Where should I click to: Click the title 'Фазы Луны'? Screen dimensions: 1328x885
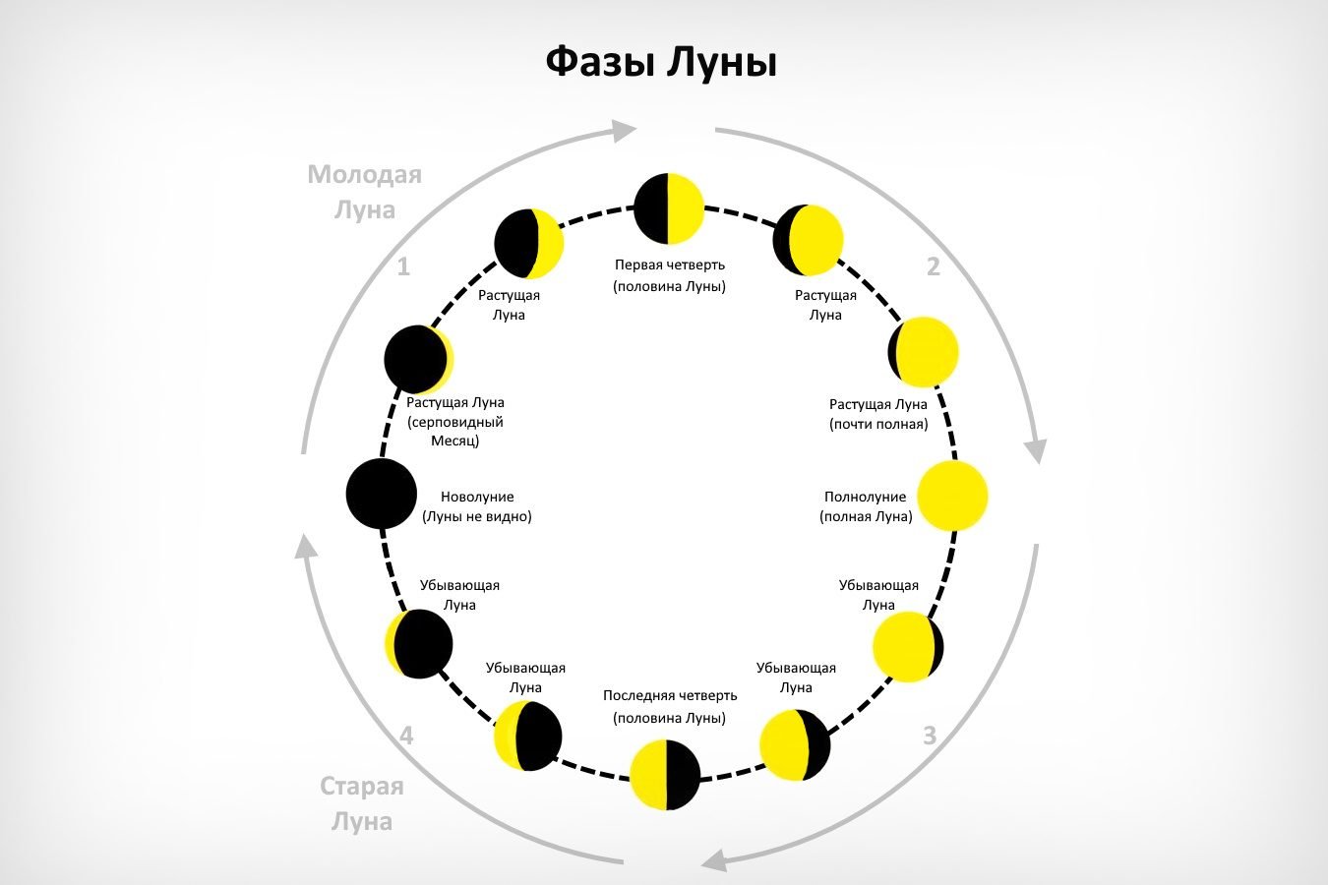[x=661, y=63]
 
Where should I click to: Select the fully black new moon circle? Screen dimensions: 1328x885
[x=382, y=494]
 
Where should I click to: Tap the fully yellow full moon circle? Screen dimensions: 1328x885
[x=953, y=496]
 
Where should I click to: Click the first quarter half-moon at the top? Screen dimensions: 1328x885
[x=669, y=208]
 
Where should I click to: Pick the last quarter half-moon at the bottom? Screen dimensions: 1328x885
[x=665, y=775]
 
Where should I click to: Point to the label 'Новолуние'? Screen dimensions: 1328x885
[x=477, y=497]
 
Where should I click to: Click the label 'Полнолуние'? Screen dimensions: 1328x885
[x=866, y=497]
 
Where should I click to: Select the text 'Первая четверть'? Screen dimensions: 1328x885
[x=670, y=265]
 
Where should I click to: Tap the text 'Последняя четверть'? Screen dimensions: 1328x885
[x=670, y=695]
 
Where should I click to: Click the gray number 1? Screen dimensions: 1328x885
[x=403, y=267]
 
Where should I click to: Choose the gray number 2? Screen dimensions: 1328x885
[x=934, y=266]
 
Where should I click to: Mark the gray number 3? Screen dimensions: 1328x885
[x=930, y=736]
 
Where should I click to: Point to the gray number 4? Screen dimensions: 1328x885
[x=406, y=736]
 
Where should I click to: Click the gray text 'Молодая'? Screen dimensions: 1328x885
[x=365, y=175]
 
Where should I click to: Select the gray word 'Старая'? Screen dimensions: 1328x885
[x=362, y=787]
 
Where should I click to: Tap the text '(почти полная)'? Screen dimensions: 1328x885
[x=878, y=425]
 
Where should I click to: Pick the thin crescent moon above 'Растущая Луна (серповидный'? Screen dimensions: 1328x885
[x=419, y=359]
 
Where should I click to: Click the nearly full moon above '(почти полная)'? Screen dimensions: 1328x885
[x=923, y=352]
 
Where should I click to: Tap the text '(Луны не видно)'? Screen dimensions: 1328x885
[x=477, y=516]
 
